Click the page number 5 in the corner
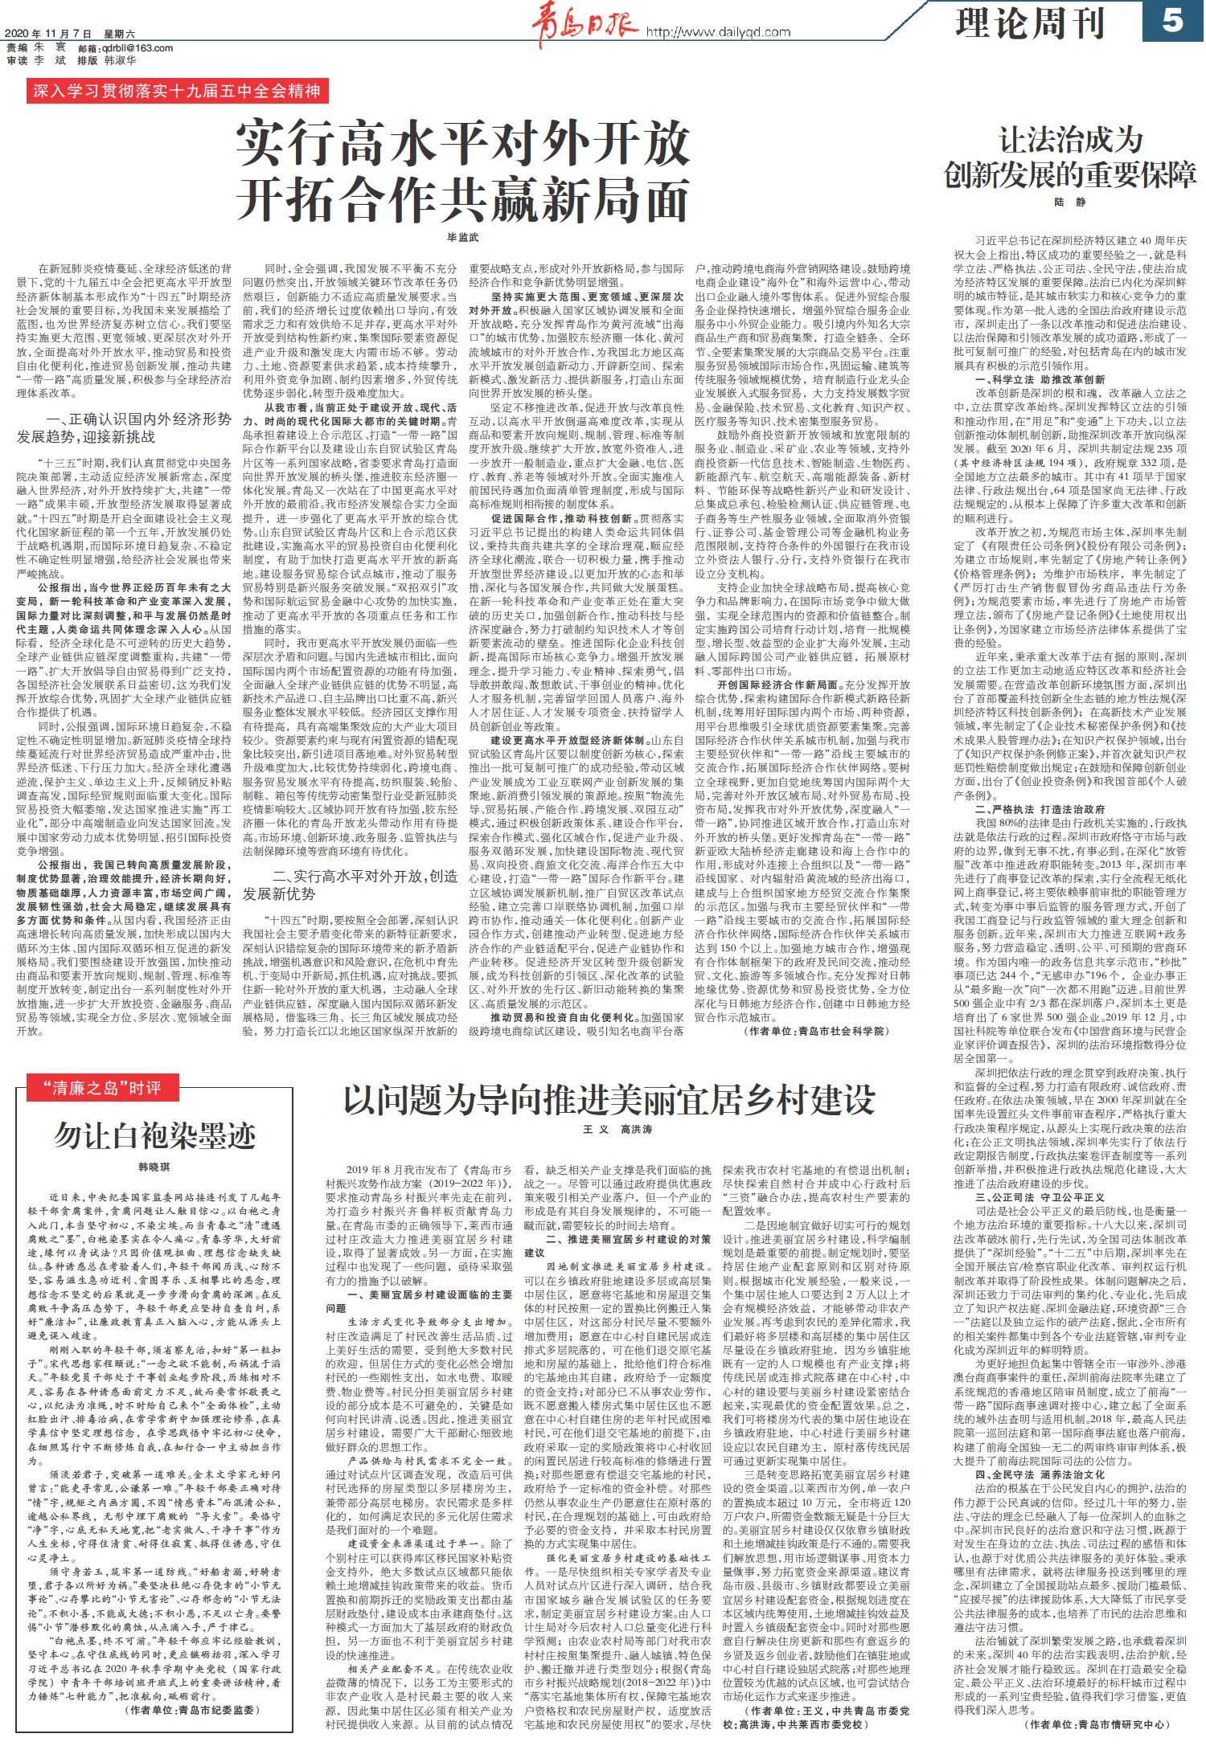[1172, 22]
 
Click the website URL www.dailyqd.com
[719, 32]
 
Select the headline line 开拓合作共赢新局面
[462, 200]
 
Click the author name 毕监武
[462, 238]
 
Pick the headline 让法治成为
[1070, 141]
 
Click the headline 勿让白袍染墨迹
[154, 1135]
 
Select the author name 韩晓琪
[154, 1166]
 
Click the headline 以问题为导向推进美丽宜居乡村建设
[609, 1099]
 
